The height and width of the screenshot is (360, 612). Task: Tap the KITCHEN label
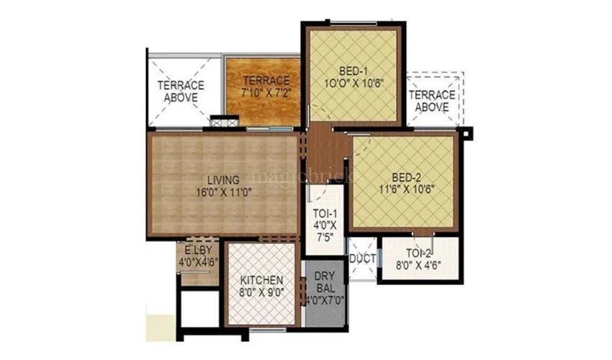(261, 279)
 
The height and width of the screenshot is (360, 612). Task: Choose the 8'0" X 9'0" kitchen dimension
(261, 292)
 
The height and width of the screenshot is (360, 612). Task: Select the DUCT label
(362, 258)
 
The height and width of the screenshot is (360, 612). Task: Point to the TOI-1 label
(320, 214)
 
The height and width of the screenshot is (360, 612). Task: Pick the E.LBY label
(198, 250)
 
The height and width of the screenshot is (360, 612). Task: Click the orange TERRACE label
(266, 80)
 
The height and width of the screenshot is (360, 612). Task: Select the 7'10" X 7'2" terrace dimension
(266, 92)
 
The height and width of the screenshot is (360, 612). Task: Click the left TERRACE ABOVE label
(181, 91)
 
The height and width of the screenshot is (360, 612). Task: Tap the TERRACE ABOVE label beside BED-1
(433, 100)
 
